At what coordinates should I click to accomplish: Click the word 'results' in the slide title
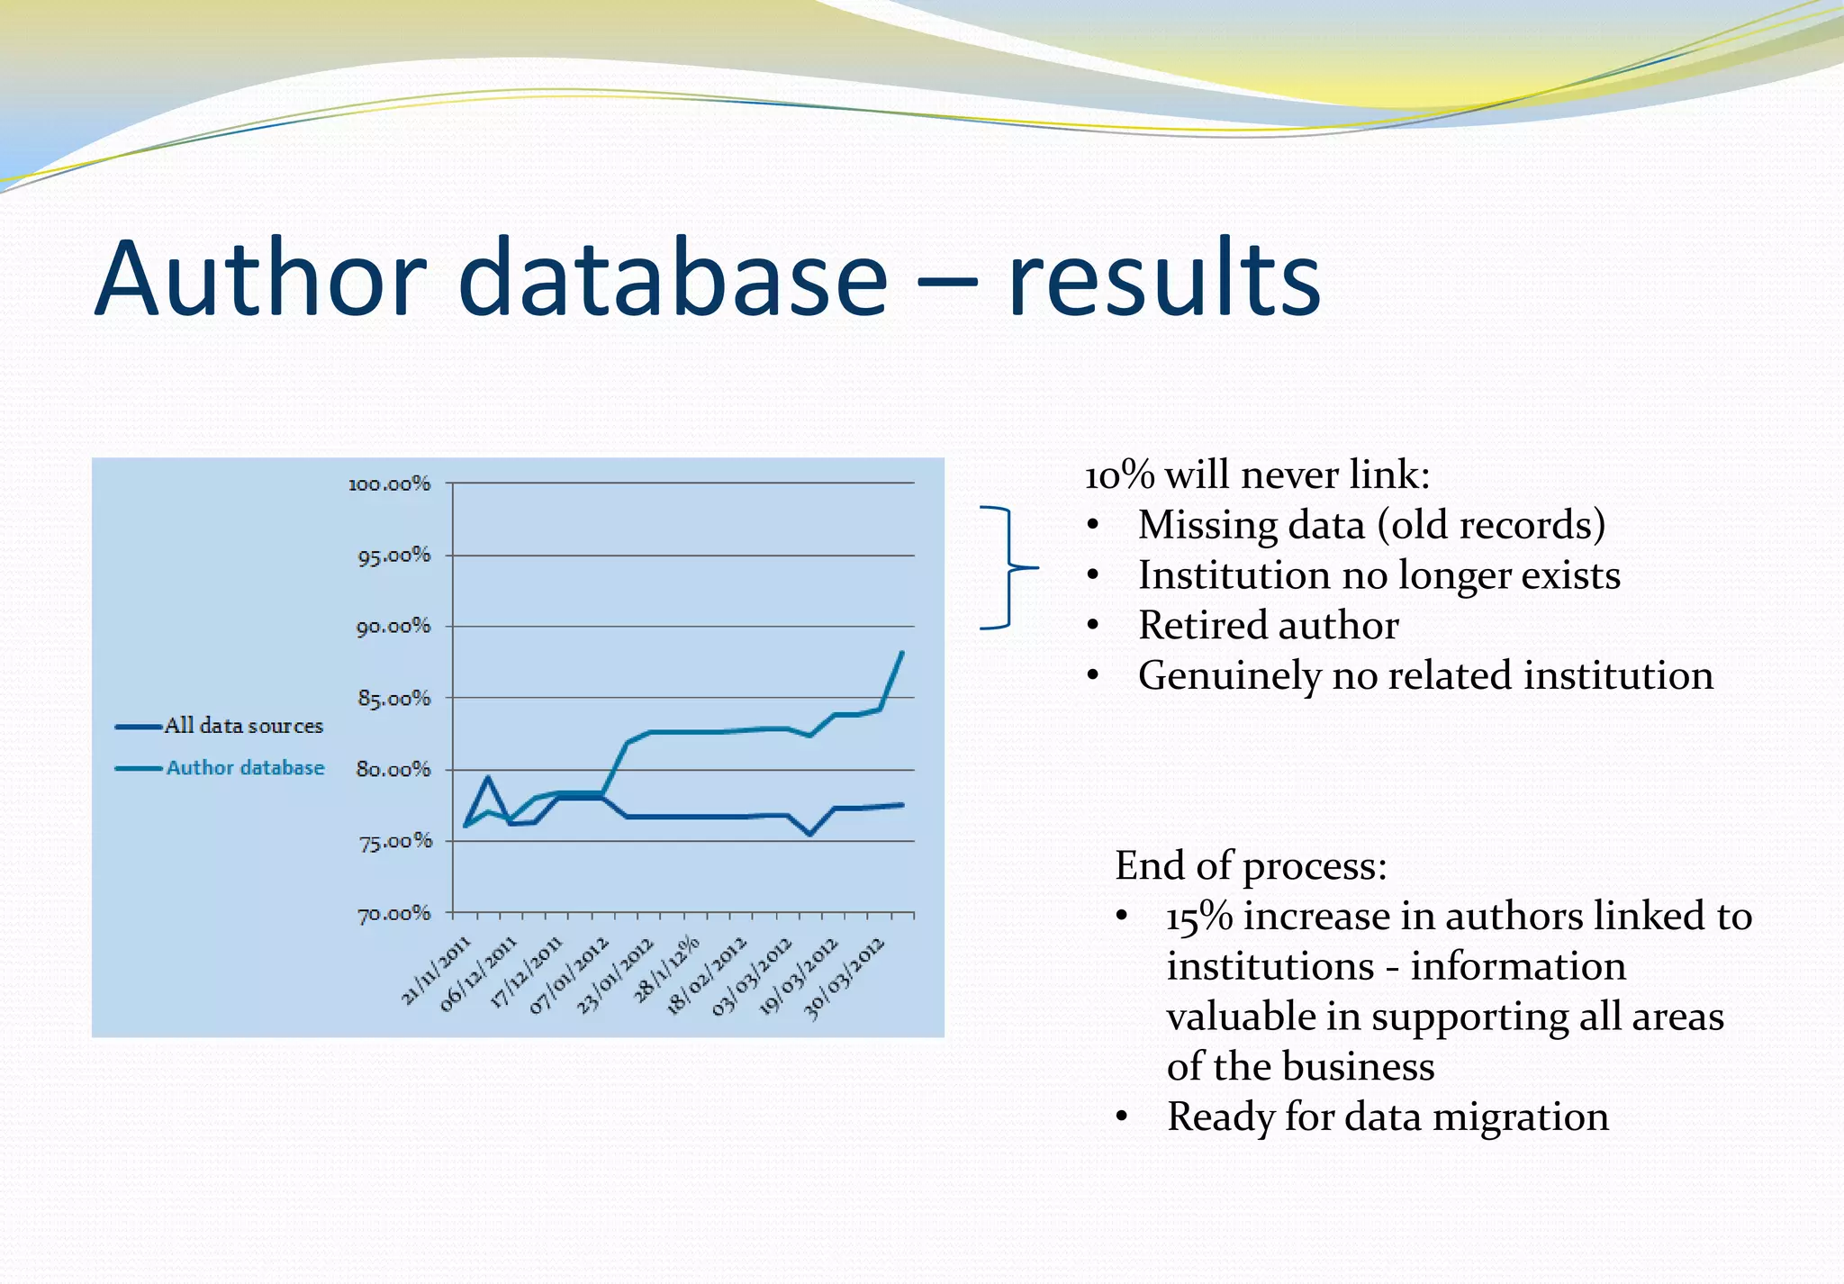pos(1163,279)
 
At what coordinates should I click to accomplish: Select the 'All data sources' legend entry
pos(243,726)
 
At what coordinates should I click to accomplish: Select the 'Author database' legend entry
pos(245,768)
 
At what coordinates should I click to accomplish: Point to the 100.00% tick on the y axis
pos(390,484)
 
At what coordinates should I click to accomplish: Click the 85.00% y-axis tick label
pos(394,699)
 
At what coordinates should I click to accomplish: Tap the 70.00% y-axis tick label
pos(394,915)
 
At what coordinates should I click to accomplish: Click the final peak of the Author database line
pos(901,653)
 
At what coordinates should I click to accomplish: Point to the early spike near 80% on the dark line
pos(488,777)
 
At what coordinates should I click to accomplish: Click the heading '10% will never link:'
pos(1256,475)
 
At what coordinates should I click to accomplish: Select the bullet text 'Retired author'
pos(1268,626)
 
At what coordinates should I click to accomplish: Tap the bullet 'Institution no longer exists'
pos(1378,575)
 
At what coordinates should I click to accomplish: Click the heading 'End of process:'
pos(1250,866)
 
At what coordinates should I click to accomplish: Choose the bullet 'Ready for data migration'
pos(1387,1117)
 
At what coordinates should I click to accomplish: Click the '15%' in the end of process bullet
pos(1198,917)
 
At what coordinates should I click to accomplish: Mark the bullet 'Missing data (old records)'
pos(1370,525)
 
